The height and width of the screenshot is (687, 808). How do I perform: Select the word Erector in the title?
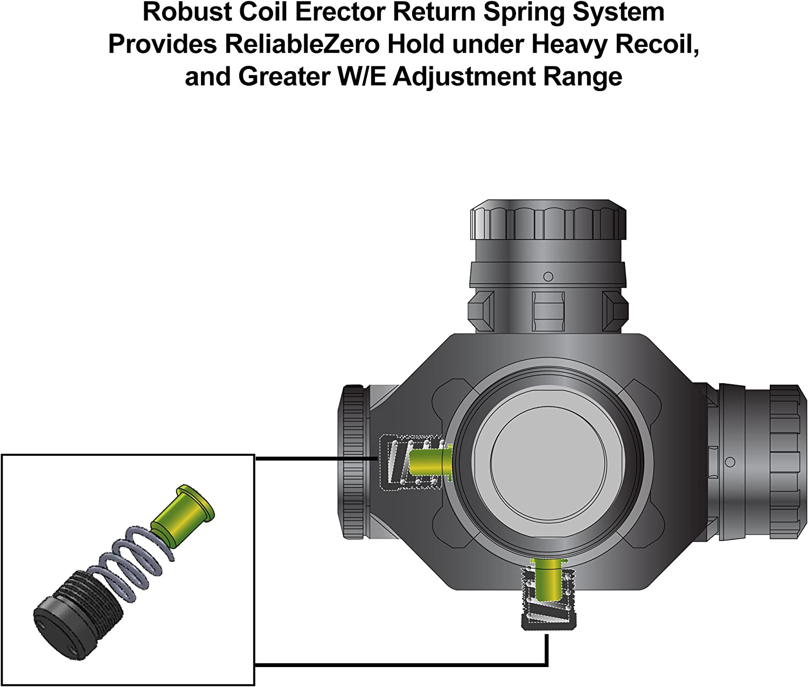[340, 13]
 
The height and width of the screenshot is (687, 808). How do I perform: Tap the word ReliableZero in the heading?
[302, 45]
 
